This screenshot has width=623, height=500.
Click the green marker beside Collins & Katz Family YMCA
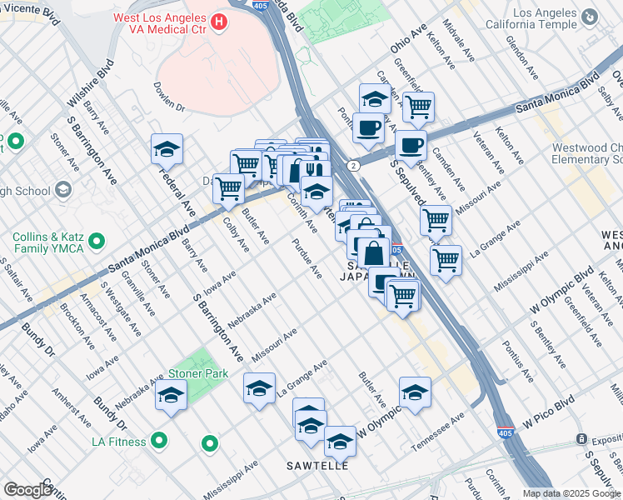pyautogui.click(x=97, y=242)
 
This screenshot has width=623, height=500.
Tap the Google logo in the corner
pyautogui.click(x=27, y=490)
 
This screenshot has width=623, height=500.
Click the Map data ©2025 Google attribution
pyautogui.click(x=572, y=493)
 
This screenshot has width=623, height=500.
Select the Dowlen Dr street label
pyautogui.click(x=168, y=95)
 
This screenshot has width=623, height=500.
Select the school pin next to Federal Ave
pyautogui.click(x=167, y=150)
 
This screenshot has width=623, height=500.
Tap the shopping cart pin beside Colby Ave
pyautogui.click(x=228, y=187)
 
